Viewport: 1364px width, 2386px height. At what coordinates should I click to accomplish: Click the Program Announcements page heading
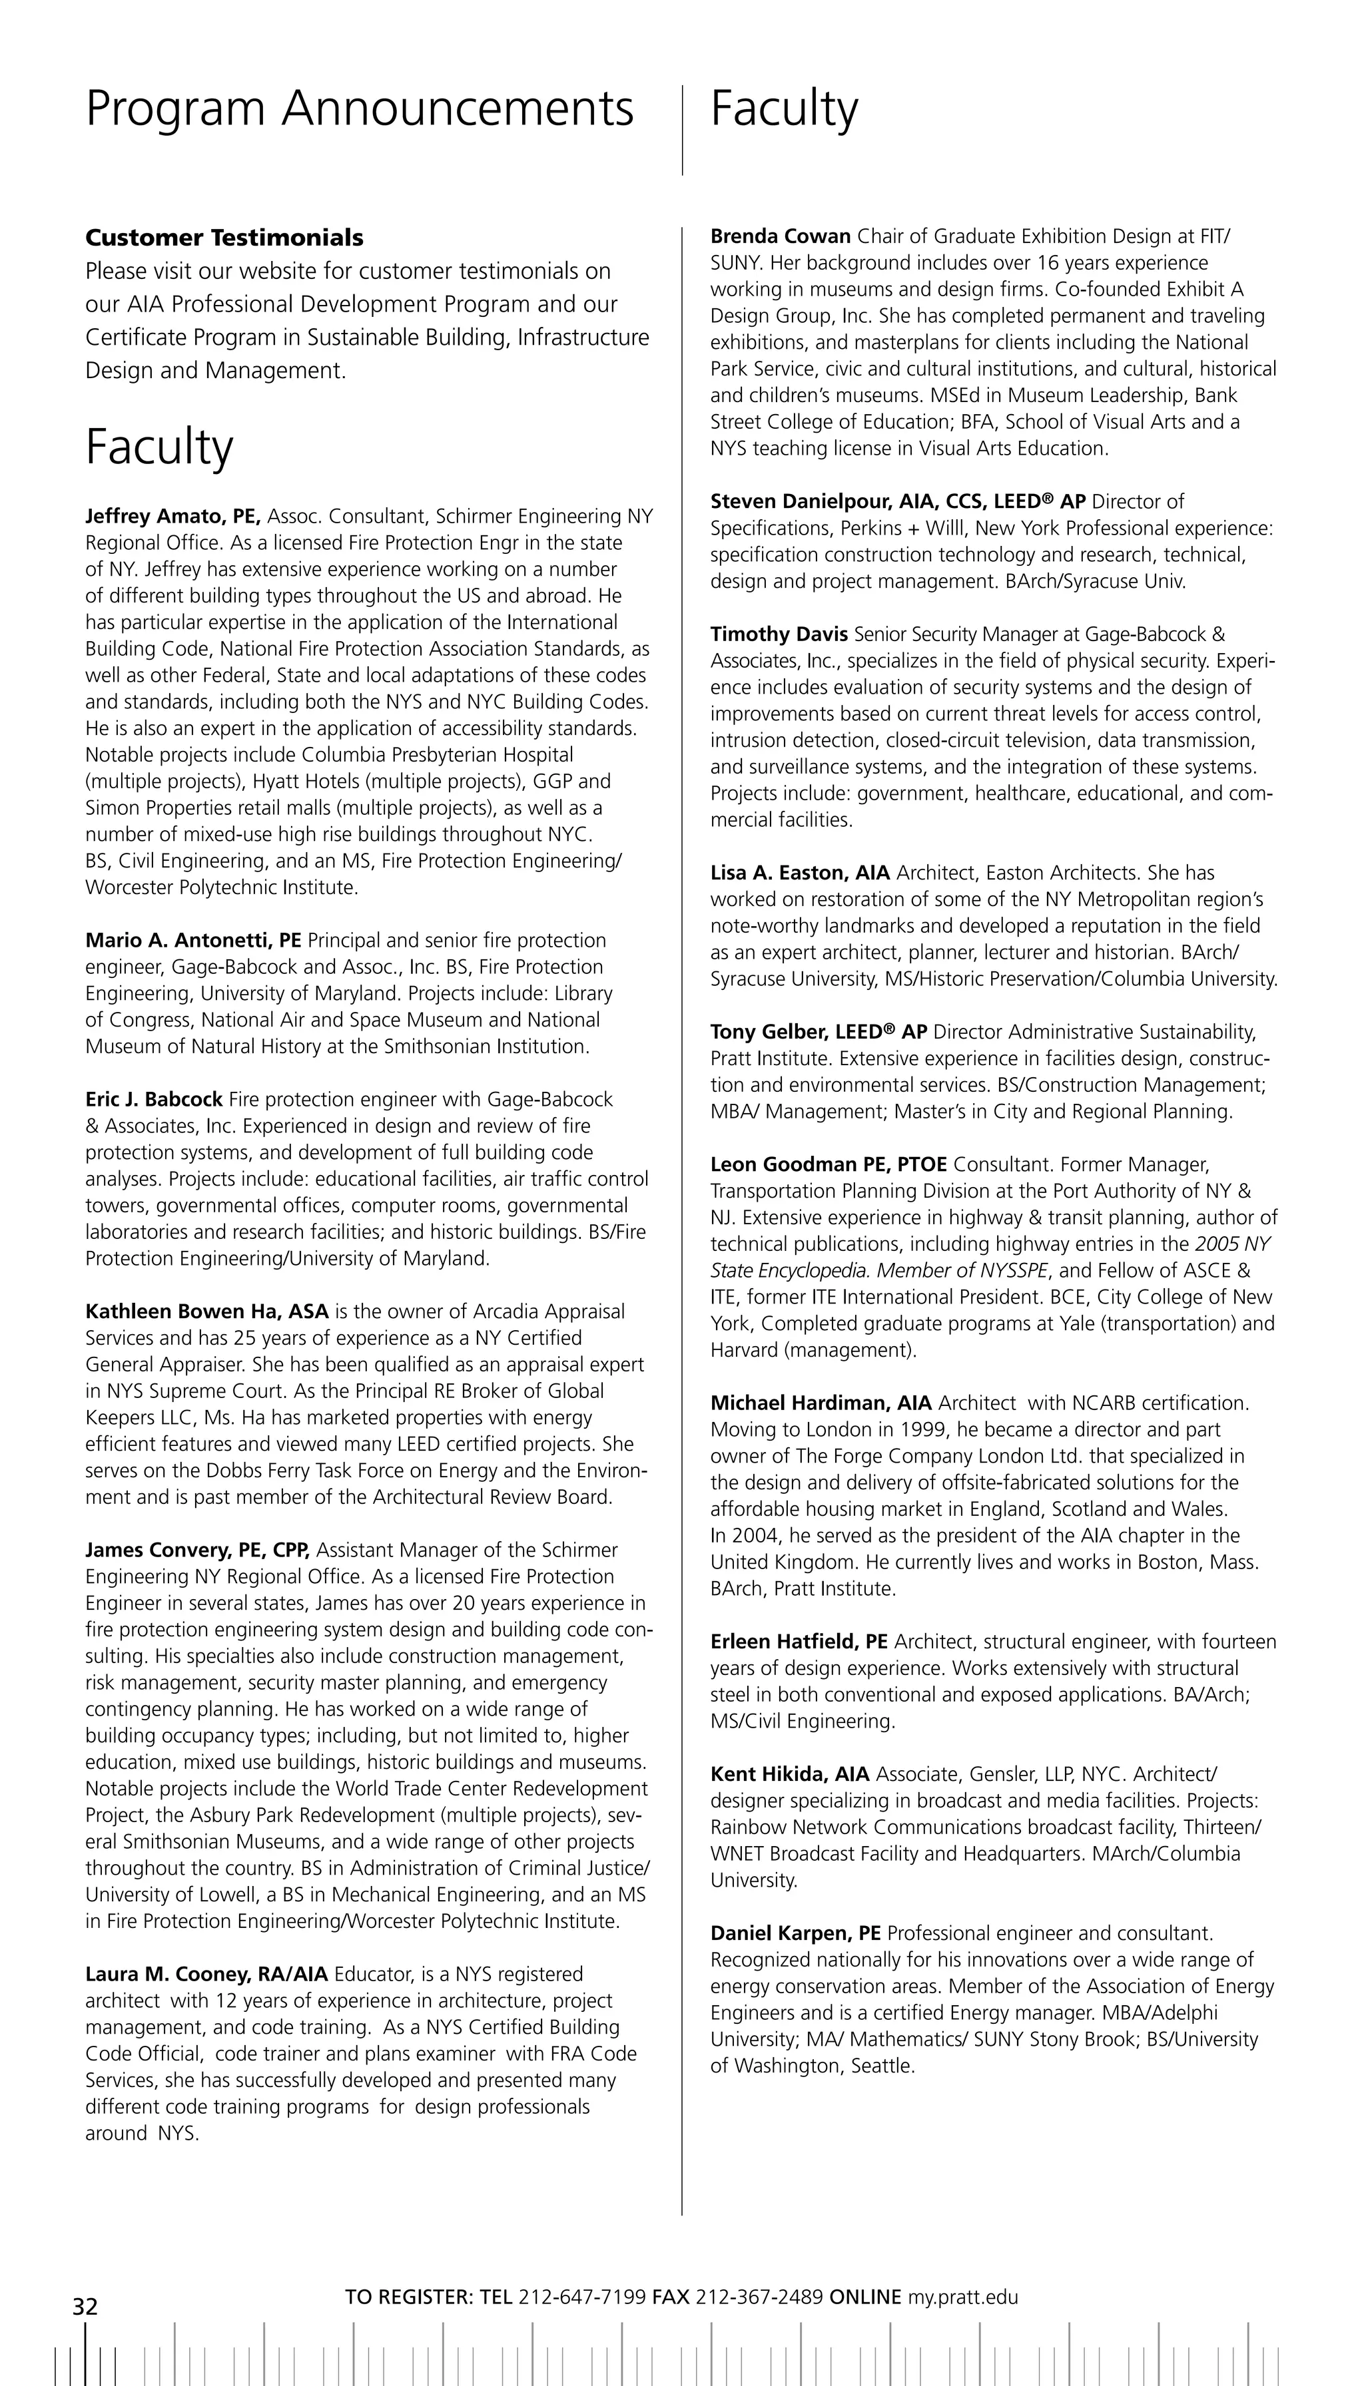coord(360,110)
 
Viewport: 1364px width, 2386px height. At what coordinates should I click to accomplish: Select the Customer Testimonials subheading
coord(224,238)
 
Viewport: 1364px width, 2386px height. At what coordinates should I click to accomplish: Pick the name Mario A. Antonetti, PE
coord(193,940)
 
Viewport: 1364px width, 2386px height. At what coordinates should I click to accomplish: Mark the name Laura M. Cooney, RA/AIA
coord(206,1974)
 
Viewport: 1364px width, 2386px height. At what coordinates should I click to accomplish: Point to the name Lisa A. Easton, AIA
coord(800,873)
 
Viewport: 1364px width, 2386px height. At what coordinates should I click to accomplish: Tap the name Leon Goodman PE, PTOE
coord(828,1165)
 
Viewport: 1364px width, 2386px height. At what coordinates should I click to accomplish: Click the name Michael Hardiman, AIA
coord(821,1403)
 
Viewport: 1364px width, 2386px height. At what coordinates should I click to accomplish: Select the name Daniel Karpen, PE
coord(795,1933)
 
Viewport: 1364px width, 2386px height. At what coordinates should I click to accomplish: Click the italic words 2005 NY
coord(1232,1244)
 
